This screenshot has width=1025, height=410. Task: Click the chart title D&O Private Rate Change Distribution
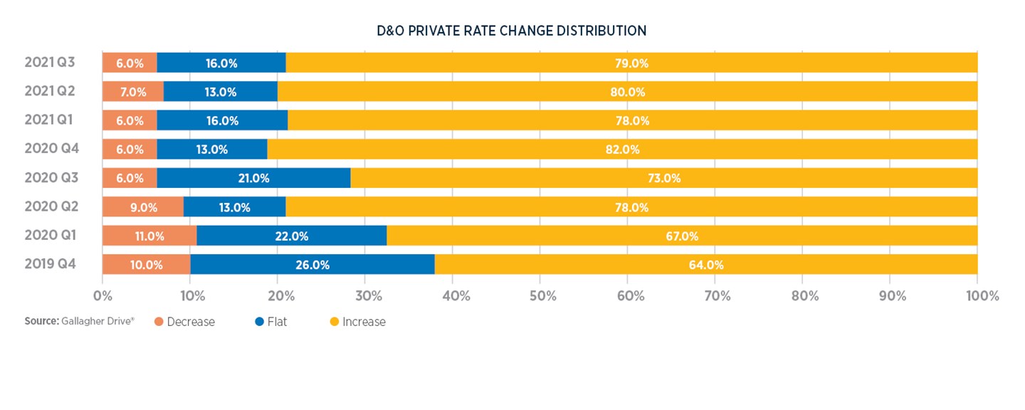tap(512, 31)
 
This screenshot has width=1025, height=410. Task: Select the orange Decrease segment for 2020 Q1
tap(149, 236)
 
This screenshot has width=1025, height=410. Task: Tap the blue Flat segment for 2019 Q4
tap(312, 265)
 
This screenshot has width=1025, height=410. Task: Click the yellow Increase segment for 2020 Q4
tap(622, 149)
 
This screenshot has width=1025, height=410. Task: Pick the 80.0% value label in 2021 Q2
tap(627, 92)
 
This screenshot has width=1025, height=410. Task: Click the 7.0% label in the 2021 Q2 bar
tap(133, 92)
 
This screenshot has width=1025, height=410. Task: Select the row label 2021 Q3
tap(51, 63)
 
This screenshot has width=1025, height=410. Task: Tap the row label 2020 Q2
tap(51, 207)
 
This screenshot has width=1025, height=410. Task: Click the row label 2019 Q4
tap(51, 265)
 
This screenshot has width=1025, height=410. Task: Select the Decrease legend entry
tap(184, 322)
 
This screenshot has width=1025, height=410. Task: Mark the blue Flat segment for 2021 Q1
tap(222, 120)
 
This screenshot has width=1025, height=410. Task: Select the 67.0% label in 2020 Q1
tap(681, 236)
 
